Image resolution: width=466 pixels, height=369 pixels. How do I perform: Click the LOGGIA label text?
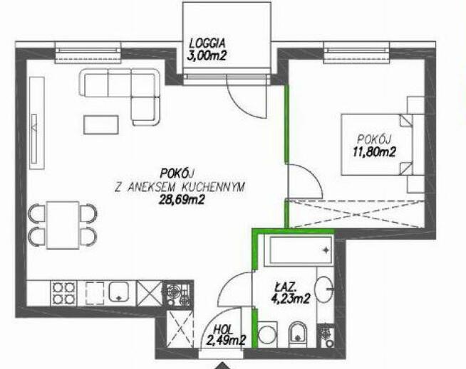[x=207, y=43]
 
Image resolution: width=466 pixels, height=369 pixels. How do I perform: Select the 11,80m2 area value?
[x=374, y=152]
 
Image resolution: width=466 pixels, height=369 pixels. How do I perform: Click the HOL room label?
[x=224, y=329]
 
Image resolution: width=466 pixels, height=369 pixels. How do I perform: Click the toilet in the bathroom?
[x=298, y=335]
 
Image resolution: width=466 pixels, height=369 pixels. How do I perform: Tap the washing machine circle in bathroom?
[x=267, y=335]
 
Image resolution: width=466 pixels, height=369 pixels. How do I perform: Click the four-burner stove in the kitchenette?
[x=63, y=292]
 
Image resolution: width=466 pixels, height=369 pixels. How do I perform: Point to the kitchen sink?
[x=119, y=292]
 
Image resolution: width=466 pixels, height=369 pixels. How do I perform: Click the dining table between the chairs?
[x=63, y=225]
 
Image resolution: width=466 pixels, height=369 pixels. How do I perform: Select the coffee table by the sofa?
[x=101, y=124]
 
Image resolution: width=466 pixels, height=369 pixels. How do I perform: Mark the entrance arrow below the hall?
[x=222, y=365]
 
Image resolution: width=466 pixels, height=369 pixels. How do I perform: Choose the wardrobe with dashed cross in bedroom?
[x=357, y=214]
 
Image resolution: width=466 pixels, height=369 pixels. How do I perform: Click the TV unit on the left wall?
[x=37, y=123]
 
